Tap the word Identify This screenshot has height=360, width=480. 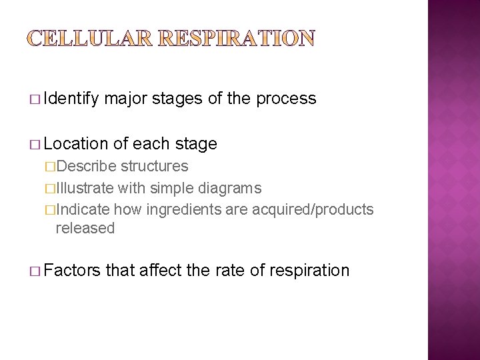click(x=71, y=99)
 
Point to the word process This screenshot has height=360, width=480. click(x=287, y=99)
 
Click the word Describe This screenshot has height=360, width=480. click(x=86, y=166)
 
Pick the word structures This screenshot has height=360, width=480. click(x=155, y=166)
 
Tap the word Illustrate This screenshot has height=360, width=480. click(x=85, y=188)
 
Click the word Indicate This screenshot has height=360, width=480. click(x=83, y=210)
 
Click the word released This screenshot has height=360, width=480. click(x=85, y=229)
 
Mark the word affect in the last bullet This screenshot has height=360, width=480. click(x=165, y=271)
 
